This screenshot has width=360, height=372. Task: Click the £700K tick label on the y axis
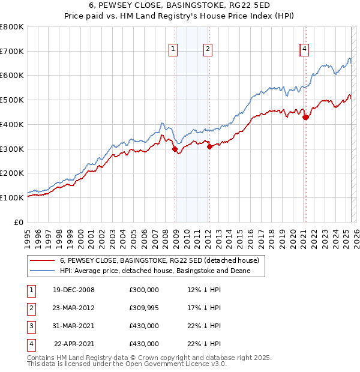coord(12,51)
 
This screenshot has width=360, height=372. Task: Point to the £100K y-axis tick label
coord(12,197)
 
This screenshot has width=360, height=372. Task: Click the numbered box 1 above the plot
coord(173,49)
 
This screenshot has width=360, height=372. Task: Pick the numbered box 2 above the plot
coord(208,49)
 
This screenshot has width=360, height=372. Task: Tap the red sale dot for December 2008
coord(175,149)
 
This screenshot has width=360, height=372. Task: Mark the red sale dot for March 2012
coord(209,146)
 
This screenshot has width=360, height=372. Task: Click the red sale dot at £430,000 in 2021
coord(305,117)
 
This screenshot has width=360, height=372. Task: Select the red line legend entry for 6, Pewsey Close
coord(159,260)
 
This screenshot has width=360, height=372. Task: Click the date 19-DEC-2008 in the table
coord(74,290)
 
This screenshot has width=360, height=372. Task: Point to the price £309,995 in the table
coord(144,308)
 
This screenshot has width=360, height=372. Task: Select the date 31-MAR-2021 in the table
coord(74,326)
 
